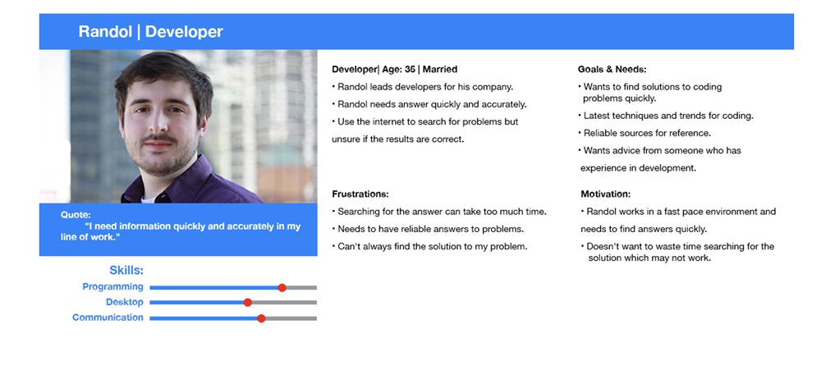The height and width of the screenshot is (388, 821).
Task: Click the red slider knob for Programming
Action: tap(282, 287)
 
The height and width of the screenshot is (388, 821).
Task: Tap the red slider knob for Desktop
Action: tap(248, 302)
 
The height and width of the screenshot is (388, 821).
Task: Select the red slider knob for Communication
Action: tap(261, 318)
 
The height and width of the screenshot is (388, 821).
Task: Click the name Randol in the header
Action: tap(105, 32)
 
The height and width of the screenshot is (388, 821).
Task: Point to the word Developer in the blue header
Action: tap(184, 33)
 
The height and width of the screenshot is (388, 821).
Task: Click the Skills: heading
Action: tap(126, 271)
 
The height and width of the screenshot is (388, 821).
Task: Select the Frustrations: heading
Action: tap(360, 194)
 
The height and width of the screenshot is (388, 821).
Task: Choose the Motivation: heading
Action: tap(606, 194)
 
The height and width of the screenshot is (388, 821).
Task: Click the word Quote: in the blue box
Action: tap(76, 214)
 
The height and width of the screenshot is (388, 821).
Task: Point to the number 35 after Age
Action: tap(410, 69)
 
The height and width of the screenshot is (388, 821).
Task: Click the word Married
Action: tap(440, 69)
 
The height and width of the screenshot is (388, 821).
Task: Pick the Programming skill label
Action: tap(112, 287)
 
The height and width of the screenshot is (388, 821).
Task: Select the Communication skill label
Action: tap(108, 317)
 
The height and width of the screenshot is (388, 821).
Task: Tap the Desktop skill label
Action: tap(125, 302)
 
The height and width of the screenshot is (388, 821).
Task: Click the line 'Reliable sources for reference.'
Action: tap(644, 134)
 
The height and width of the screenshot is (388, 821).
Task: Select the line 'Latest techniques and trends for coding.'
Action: tap(666, 116)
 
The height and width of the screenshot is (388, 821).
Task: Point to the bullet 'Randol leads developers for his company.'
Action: tap(422, 87)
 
